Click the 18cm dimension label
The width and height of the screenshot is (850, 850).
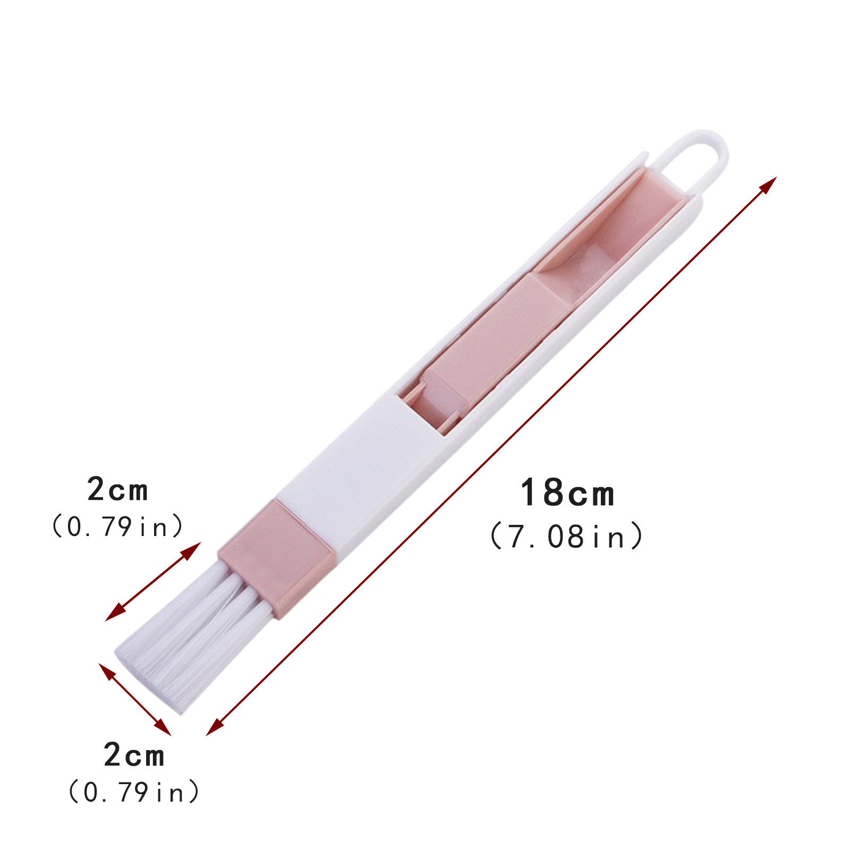(567, 493)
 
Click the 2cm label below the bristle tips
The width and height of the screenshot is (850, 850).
(134, 755)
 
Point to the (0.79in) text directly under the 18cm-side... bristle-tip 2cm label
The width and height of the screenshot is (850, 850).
(134, 792)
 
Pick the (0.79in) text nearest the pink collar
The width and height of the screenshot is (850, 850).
(117, 526)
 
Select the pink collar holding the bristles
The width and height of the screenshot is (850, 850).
(276, 558)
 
